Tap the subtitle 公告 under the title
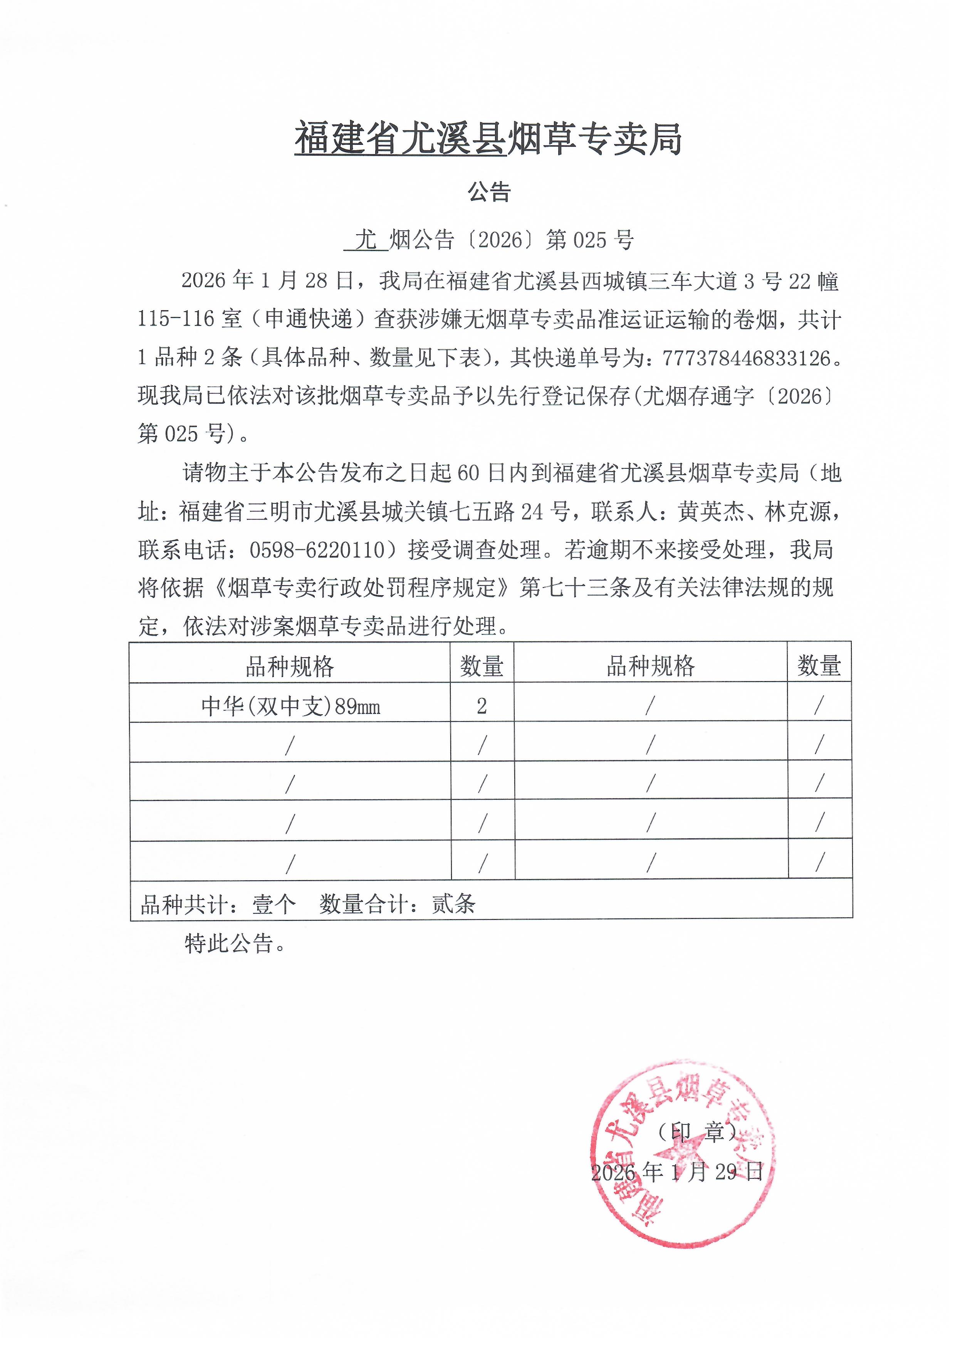tap(489, 192)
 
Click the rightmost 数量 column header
tap(819, 666)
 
